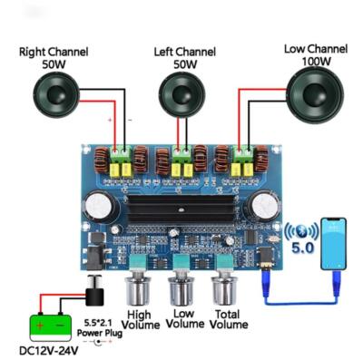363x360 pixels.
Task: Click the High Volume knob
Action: pyautogui.click(x=141, y=291)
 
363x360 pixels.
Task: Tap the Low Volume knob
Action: pyautogui.click(x=182, y=289)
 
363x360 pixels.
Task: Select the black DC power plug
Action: pyautogui.click(x=92, y=296)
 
